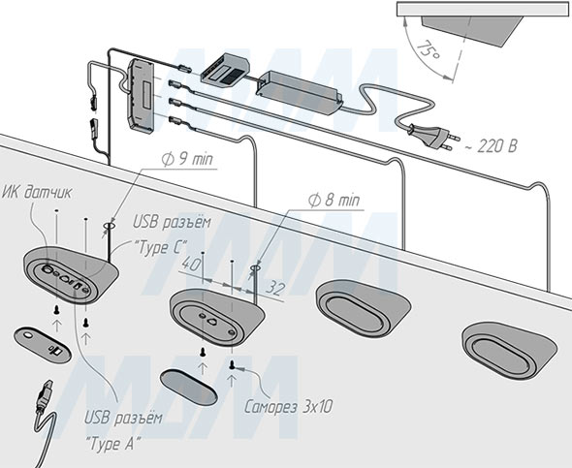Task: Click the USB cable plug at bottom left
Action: click(x=41, y=398)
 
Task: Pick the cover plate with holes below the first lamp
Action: click(x=42, y=342)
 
